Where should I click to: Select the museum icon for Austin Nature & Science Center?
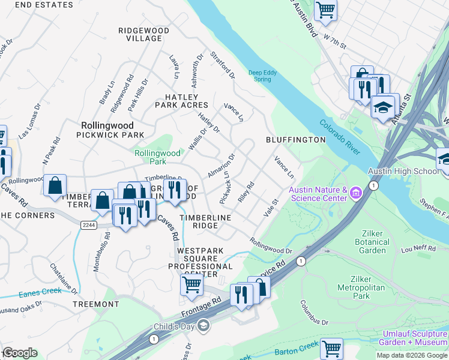[x=356, y=193]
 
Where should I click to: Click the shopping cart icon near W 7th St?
[x=325, y=10]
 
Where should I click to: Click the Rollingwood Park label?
[x=158, y=157]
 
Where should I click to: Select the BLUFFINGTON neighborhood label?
[x=295, y=140]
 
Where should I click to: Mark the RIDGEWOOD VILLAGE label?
[x=143, y=34]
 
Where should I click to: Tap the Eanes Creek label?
[x=40, y=293]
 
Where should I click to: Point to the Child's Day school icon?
[x=204, y=326]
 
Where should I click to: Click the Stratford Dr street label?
[x=223, y=65]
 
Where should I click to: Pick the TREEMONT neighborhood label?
[x=95, y=304]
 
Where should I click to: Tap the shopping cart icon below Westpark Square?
[x=191, y=284]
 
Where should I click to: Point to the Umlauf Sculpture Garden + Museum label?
[x=412, y=338]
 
